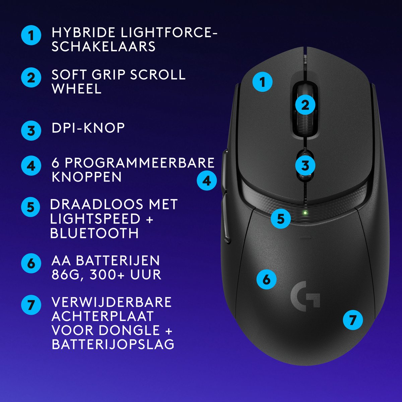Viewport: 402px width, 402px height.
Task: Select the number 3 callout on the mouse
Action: [x=305, y=165]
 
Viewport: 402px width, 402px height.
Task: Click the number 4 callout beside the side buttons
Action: [x=207, y=181]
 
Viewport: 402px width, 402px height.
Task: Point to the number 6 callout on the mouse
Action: [x=267, y=279]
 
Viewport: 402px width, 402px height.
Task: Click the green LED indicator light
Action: [x=305, y=212]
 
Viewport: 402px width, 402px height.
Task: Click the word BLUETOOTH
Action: [x=94, y=233]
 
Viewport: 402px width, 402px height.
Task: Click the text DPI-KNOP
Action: [x=88, y=128]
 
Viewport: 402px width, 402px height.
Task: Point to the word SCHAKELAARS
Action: [x=104, y=47]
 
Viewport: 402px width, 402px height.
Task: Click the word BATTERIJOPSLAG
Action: [x=113, y=344]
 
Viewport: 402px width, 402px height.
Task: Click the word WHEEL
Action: [x=76, y=89]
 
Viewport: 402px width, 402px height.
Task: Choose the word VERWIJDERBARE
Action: [x=112, y=302]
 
